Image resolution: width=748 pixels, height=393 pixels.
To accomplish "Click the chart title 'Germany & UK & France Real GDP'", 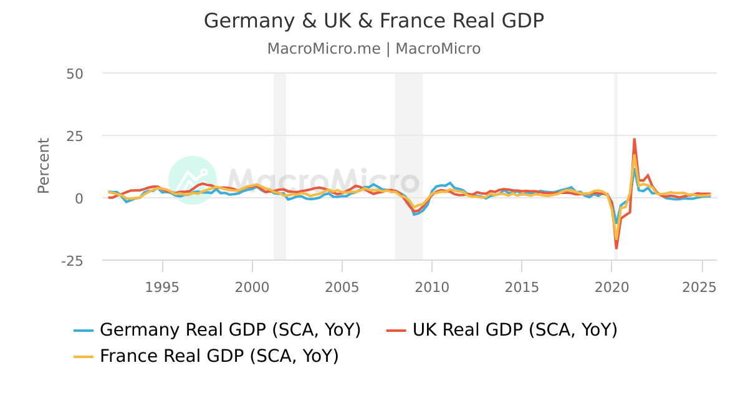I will (x=374, y=21).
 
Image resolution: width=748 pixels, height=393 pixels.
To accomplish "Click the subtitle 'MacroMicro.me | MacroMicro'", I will (x=374, y=49).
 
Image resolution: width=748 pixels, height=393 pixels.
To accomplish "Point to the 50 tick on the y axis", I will (x=75, y=73).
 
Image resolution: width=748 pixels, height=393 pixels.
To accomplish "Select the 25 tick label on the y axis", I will (x=75, y=135).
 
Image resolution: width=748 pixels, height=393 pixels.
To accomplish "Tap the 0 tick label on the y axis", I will (x=79, y=198).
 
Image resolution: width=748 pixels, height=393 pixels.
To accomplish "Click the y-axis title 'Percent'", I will (x=43, y=166).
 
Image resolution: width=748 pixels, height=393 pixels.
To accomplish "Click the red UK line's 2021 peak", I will (x=634, y=139).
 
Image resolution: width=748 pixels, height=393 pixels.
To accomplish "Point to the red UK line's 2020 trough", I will (x=616, y=248).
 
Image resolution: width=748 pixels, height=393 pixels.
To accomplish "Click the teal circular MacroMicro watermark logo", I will (x=193, y=180).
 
